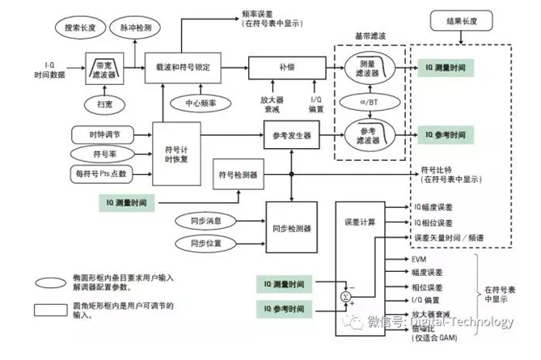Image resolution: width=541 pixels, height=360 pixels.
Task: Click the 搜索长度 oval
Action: (x=78, y=28)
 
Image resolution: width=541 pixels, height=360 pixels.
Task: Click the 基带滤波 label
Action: (x=371, y=36)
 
